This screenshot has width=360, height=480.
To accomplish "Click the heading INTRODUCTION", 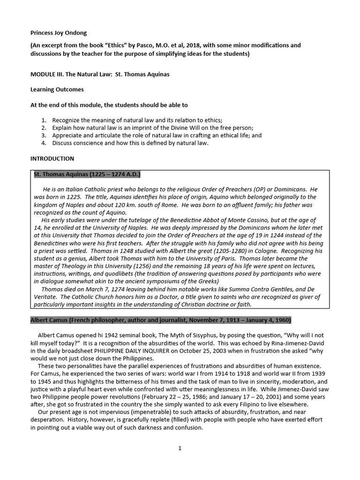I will pyautogui.click(x=52, y=159).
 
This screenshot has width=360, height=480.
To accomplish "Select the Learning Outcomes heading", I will pyautogui.click(x=57, y=90).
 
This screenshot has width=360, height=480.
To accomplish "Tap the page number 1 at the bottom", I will pyautogui.click(x=180, y=448).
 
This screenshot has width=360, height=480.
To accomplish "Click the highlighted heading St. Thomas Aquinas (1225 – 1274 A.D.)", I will pyautogui.click(x=87, y=175).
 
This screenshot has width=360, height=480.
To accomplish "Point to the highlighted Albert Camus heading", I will pyautogui.click(x=161, y=320).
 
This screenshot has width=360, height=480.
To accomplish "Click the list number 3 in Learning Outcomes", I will pyautogui.click(x=44, y=135).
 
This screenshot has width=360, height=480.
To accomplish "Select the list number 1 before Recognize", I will pyautogui.click(x=44, y=120).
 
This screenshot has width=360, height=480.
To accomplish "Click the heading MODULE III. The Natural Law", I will pyautogui.click(x=99, y=74).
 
